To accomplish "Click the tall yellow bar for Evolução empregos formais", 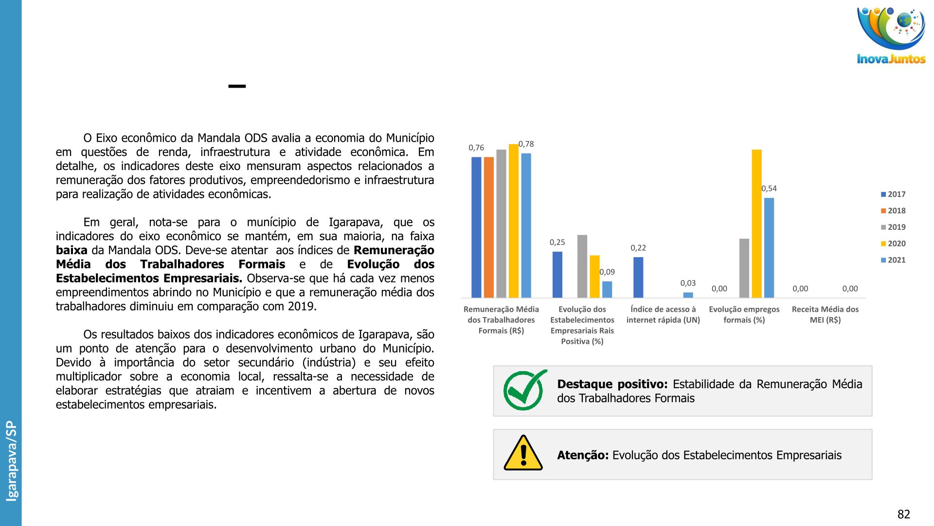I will coord(756,224).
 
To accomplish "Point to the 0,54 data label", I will coord(769,188).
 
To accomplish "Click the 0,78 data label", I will coord(526,144).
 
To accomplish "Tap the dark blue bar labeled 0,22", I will coord(638,277).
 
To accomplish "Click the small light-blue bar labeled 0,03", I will coord(688,295).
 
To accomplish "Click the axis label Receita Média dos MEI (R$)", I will coord(825,315).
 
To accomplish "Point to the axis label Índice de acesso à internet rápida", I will coord(663,315).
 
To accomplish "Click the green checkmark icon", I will coord(524,390).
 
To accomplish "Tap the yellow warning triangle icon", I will coord(523,453).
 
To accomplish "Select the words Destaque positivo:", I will coord(612,384).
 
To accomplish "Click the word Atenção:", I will coord(583,455).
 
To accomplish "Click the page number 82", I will coord(903,514).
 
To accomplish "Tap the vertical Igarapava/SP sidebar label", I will coord(11,461).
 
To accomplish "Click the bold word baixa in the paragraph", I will coord(72,250).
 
